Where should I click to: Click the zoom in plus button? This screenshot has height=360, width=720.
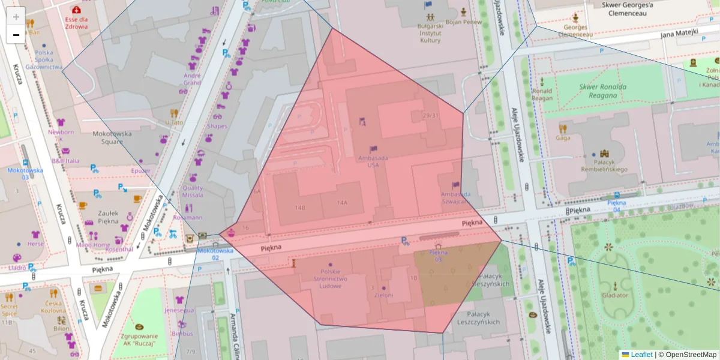pyautogui.click(x=16, y=16)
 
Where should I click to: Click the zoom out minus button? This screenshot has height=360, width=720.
pyautogui.click(x=16, y=35)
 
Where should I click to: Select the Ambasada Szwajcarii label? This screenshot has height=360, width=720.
pyautogui.click(x=454, y=198)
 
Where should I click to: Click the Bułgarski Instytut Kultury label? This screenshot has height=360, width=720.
pyautogui.click(x=430, y=33)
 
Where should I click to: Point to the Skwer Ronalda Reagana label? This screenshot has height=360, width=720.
pyautogui.click(x=602, y=91)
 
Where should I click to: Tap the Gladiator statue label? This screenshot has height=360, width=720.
pyautogui.click(x=615, y=295)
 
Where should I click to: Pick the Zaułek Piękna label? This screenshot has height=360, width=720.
pyautogui.click(x=108, y=217)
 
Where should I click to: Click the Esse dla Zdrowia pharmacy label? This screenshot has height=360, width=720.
pyautogui.click(x=76, y=22)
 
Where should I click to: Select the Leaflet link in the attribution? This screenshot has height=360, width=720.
pyautogui.click(x=641, y=355)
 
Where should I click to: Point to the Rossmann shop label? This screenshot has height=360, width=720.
pyautogui.click(x=187, y=217)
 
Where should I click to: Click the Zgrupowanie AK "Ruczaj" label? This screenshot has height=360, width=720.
pyautogui.click(x=139, y=340)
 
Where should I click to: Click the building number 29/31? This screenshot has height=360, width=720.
pyautogui.click(x=430, y=116)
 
